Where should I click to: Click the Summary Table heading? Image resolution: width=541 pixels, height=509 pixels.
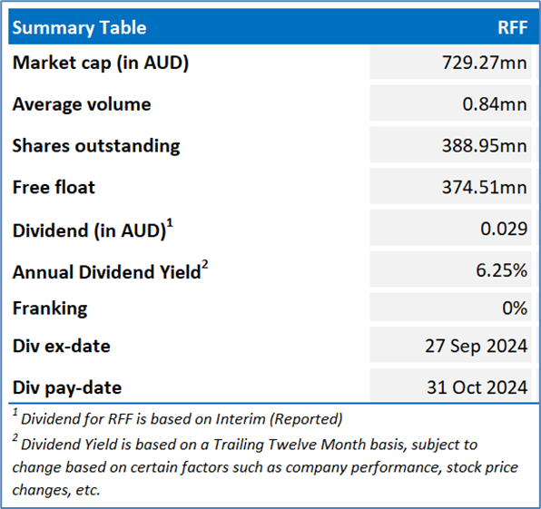pos(79,28)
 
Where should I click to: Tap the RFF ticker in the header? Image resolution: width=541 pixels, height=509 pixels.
pos(513,27)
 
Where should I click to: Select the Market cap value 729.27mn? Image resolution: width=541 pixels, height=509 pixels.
pos(485,63)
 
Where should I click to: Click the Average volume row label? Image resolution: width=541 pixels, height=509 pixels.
pos(82,104)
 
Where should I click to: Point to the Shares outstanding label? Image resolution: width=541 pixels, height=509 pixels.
pos(96,146)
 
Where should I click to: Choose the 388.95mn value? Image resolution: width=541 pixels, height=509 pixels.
pos(485,146)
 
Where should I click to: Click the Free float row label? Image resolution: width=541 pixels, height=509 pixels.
pos(54,187)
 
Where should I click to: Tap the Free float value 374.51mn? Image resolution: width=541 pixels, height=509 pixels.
pos(485,188)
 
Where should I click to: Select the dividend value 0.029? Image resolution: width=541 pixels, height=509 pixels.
pos(504,229)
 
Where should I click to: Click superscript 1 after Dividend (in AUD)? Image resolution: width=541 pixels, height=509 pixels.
pos(170,223)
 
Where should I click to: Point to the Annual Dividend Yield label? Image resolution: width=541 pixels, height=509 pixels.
pos(106,272)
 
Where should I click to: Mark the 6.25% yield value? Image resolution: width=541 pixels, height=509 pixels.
pos(502,270)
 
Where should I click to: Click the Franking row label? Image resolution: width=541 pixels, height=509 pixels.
pos(50,308)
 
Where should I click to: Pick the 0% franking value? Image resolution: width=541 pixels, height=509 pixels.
pos(515,308)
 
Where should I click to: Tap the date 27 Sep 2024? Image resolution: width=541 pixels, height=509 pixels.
pos(477,347)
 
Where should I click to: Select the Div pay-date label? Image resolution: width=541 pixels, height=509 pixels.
pos(67,388)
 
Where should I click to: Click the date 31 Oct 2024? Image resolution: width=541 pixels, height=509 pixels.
pos(477,387)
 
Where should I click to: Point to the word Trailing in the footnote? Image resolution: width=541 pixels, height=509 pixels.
pos(239,445)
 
